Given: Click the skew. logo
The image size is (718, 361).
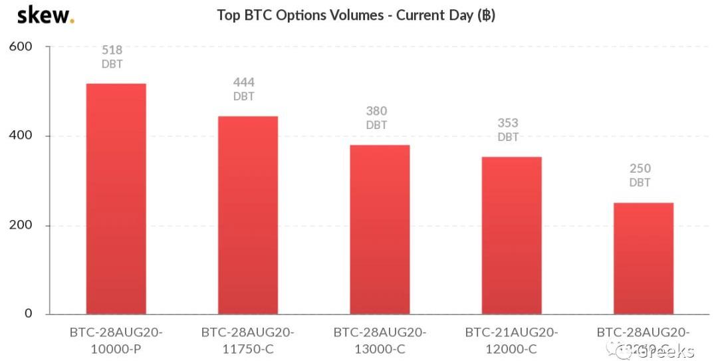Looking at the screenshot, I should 45,15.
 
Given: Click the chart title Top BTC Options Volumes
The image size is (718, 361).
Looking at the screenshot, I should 356,15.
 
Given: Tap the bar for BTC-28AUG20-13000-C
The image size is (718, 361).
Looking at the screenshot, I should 380,229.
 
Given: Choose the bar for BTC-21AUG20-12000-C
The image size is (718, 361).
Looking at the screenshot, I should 511,235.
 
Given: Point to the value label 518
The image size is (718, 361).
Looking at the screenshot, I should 112,50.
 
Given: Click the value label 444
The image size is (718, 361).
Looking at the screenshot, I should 243,82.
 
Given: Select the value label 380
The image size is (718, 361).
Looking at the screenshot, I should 376,111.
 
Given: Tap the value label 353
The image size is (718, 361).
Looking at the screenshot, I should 508,123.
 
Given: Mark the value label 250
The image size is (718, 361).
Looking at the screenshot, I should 640,169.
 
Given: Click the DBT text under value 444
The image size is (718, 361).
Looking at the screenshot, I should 243,96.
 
